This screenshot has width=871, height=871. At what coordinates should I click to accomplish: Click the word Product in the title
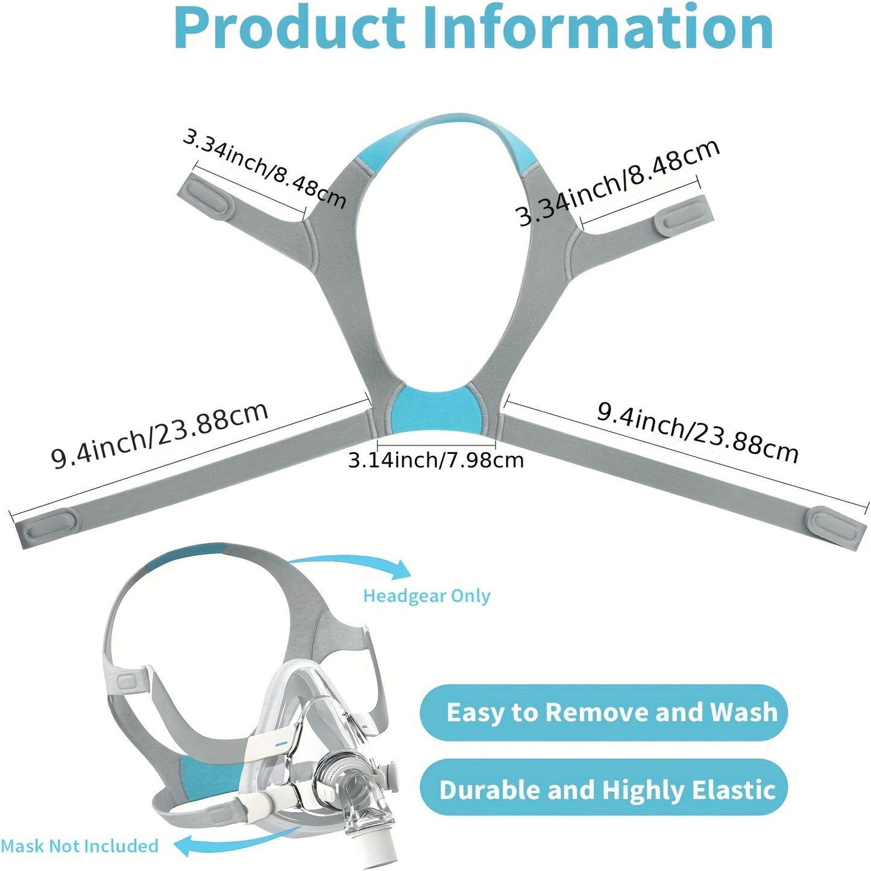290,28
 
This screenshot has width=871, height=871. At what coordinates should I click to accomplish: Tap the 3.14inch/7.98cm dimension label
436,460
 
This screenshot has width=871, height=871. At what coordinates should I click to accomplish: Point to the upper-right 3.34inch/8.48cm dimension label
618,181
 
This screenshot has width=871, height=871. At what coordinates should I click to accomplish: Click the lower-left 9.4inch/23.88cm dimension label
160,435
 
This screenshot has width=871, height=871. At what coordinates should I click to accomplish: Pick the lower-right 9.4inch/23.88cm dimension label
698,432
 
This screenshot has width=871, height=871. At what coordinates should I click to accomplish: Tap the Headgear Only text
427,596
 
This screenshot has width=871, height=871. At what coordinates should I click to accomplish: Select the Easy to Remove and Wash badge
604,712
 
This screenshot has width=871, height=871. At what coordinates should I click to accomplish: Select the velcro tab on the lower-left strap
49,525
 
